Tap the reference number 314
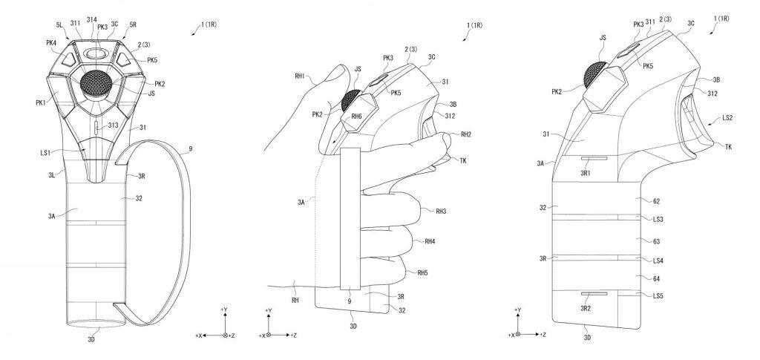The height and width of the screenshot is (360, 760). (91, 19)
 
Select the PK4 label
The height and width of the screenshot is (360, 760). (52, 42)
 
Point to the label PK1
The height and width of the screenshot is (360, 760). (41, 102)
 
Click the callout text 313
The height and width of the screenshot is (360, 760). (113, 125)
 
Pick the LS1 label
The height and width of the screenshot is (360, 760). (45, 153)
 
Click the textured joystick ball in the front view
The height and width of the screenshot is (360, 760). (96, 83)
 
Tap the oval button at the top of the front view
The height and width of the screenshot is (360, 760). (96, 52)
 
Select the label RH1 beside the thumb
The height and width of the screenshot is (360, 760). (299, 76)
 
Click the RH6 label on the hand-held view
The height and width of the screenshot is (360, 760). (357, 116)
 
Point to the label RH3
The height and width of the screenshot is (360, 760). (441, 211)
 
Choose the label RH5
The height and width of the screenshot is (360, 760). (422, 273)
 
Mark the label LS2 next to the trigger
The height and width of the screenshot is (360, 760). (727, 118)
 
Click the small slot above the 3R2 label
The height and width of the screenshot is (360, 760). (594, 294)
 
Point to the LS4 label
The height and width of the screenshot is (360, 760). (658, 261)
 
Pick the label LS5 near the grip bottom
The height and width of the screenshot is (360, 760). (658, 295)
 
